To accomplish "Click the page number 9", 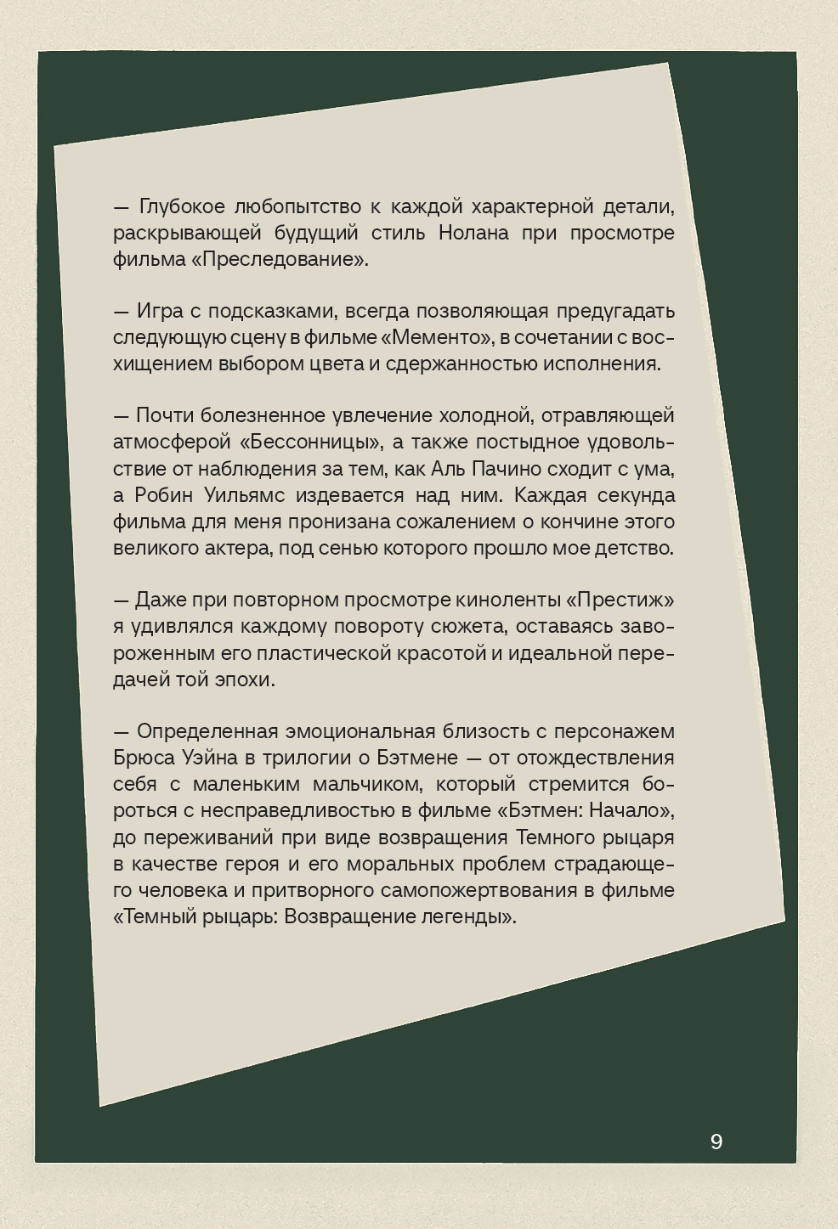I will (x=716, y=1142).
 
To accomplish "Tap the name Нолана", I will (x=473, y=233).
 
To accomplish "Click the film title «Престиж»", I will (x=620, y=600).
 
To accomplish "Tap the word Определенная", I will (x=207, y=731).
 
